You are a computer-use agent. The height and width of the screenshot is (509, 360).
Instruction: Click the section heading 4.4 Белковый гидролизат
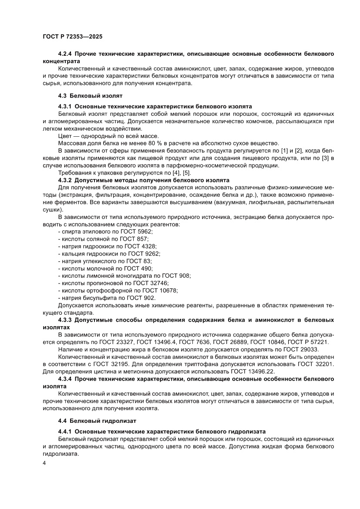tap(97, 421)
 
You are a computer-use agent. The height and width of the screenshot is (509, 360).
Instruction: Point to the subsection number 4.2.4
tap(65, 54)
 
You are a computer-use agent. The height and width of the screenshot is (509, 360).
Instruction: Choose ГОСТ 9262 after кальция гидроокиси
tap(145, 254)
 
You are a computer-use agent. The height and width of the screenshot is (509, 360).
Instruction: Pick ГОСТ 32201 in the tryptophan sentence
tap(316, 364)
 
